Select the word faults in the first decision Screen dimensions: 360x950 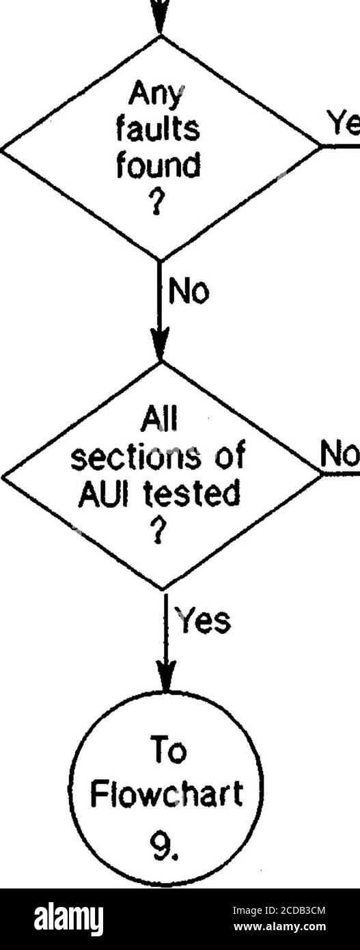coord(158,130)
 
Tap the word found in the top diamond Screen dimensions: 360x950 coord(158,165)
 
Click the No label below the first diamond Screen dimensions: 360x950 coord(189,292)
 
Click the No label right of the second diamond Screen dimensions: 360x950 coord(340,455)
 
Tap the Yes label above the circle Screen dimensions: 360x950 coord(204,621)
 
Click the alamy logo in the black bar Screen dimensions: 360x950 coord(69,917)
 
